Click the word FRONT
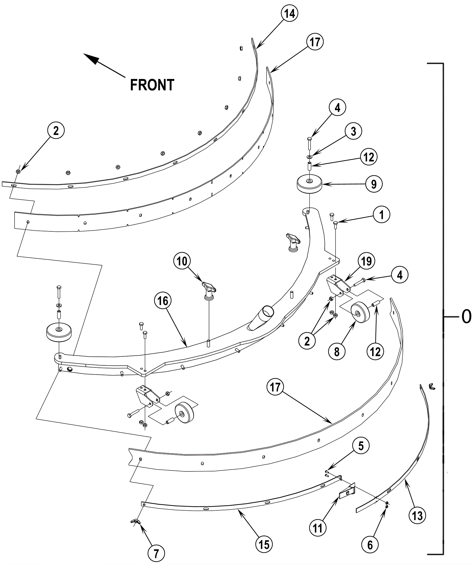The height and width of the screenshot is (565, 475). coord(152,85)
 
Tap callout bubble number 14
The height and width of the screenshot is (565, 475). coord(289,13)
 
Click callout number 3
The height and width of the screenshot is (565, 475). coord(353,131)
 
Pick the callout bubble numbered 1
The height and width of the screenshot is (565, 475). coord(381,214)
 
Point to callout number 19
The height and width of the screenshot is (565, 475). coord(366,261)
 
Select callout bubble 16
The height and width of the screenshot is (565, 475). coord(163,301)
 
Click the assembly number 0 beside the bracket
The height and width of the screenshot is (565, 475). coord(466,317)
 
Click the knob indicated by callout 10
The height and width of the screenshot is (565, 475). coord(209,288)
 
